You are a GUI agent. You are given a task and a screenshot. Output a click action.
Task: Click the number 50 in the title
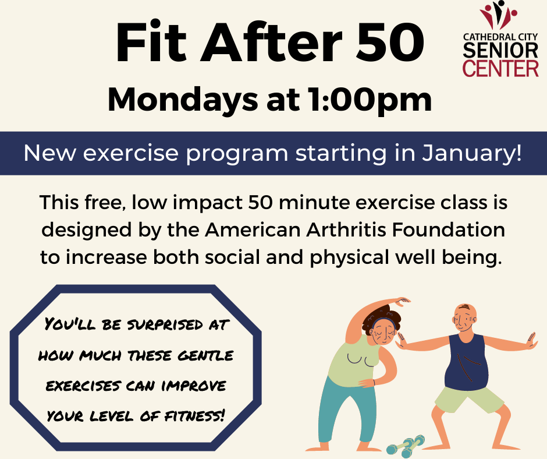(x=390, y=43)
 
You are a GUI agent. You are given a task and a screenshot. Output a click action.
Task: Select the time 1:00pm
(x=370, y=100)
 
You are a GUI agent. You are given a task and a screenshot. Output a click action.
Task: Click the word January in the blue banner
(x=472, y=154)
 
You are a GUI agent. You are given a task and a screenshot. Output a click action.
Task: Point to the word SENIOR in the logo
(x=500, y=51)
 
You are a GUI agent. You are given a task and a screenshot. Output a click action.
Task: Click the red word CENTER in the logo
(x=500, y=68)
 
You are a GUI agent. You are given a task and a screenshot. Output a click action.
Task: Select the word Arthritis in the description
(x=346, y=230)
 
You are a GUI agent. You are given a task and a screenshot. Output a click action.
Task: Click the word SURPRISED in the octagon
(x=165, y=325)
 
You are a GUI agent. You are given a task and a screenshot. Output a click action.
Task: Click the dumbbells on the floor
(x=406, y=446)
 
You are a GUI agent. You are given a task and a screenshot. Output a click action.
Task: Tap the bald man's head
(x=464, y=318)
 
